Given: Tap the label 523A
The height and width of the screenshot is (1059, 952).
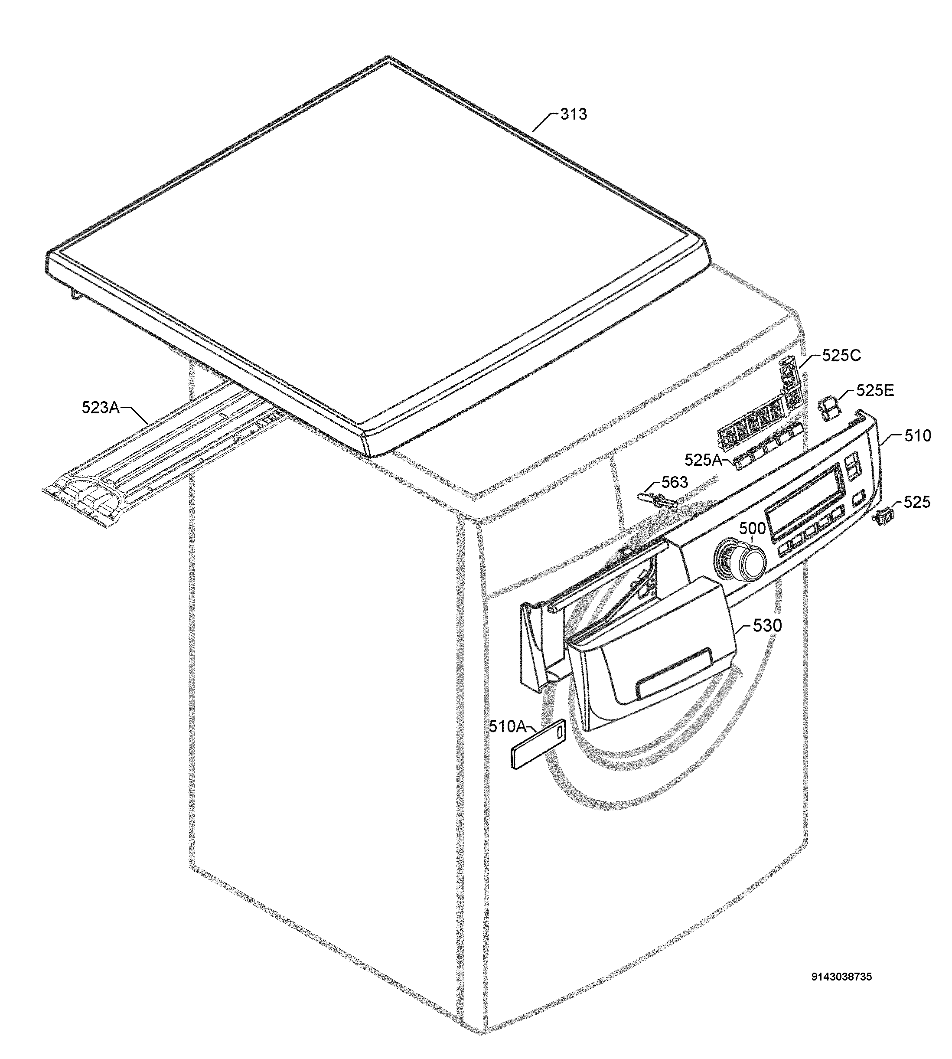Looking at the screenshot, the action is [101, 407].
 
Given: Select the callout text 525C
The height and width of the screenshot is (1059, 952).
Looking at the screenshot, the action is [841, 355].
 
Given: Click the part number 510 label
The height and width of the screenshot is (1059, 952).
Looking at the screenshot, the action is [918, 435].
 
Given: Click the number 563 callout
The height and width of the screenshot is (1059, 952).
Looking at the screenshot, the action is [675, 482].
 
